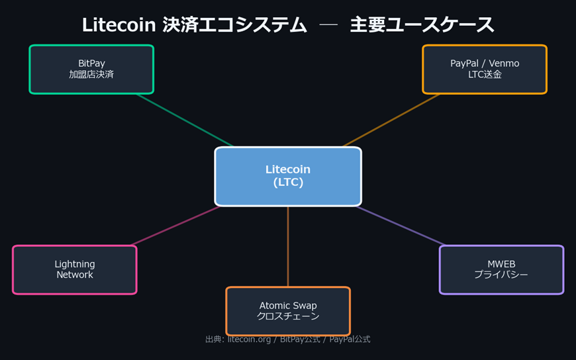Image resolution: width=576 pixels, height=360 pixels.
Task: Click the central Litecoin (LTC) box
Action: tap(288, 177)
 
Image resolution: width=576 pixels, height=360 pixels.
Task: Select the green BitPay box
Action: tap(91, 69)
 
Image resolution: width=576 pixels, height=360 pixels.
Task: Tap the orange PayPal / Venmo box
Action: tap(485, 69)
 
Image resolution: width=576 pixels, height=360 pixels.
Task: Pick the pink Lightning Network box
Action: tap(75, 269)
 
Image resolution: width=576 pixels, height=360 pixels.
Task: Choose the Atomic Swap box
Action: tap(288, 310)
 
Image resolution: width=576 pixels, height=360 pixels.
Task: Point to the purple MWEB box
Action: tap(501, 269)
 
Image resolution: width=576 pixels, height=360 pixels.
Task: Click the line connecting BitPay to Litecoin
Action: tap(185, 120)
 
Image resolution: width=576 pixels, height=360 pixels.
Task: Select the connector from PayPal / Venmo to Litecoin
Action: tap(391, 120)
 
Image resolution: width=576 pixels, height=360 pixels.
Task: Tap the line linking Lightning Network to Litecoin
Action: tap(175, 226)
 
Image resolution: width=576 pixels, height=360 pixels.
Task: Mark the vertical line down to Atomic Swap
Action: tap(288, 246)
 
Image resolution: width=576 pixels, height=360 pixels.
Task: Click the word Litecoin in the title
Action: tap(119, 25)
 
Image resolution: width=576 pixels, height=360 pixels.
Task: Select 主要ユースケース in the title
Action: tap(422, 25)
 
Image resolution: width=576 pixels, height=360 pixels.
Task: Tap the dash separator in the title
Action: tap(328, 25)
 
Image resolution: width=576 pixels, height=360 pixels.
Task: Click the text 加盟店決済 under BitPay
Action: tap(91, 75)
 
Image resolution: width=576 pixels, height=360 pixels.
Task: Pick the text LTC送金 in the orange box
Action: tap(485, 75)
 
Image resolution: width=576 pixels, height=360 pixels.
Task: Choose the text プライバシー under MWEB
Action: tap(501, 275)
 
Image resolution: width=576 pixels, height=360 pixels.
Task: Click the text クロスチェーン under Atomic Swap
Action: tap(288, 316)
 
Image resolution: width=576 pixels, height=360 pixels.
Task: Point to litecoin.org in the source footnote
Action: tap(249, 339)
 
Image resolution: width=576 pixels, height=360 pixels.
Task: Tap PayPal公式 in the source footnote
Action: tap(350, 339)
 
